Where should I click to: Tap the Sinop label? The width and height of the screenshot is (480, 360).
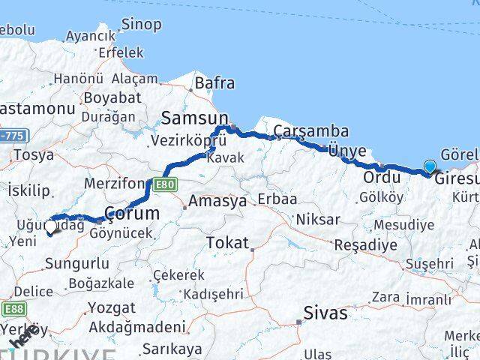click(141, 25)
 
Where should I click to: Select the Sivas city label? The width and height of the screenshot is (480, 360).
click(325, 313)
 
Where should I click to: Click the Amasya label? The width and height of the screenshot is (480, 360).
click(217, 202)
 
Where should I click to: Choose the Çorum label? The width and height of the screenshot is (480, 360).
click(132, 214)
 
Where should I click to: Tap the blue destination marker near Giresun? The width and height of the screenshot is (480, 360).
click(430, 167)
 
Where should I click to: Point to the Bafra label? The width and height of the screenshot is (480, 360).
click(214, 83)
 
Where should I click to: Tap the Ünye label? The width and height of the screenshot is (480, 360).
click(346, 151)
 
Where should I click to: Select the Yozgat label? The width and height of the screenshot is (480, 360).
click(112, 307)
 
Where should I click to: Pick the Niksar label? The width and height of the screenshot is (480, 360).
click(318, 220)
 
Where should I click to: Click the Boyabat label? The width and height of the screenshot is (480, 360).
click(112, 97)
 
